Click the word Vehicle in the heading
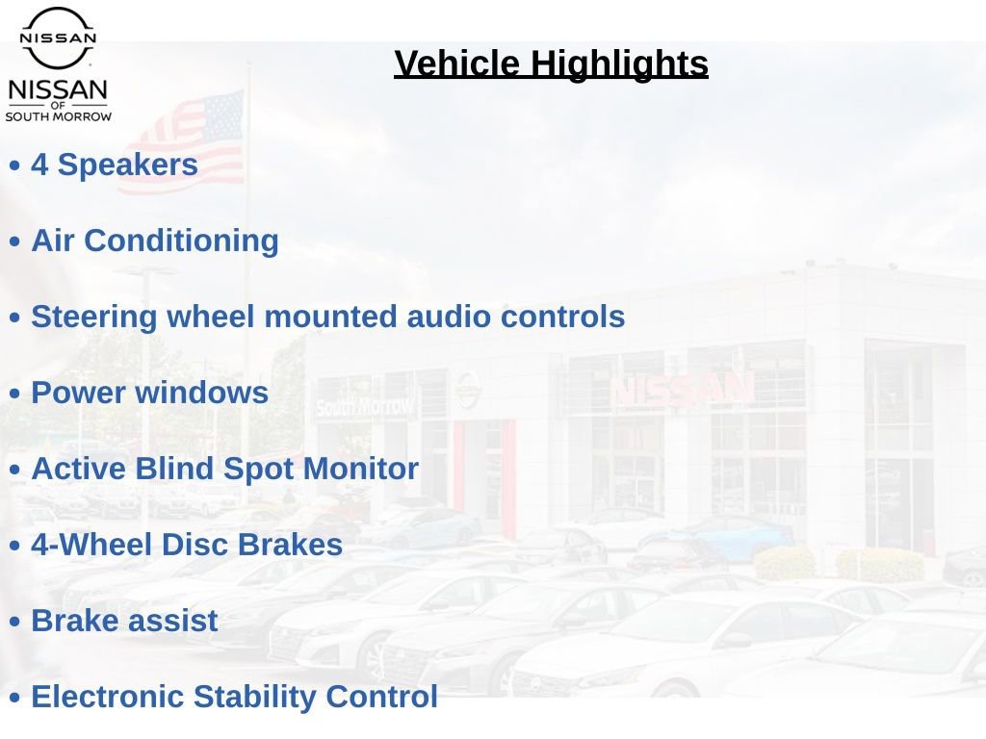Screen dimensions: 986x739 (457, 64)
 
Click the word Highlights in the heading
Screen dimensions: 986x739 (619, 64)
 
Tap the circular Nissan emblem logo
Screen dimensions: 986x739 (58, 38)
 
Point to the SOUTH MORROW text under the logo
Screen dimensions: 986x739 (59, 116)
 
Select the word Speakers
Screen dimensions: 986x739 (128, 166)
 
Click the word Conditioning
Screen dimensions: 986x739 (181, 242)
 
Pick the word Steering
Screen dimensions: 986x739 (94, 318)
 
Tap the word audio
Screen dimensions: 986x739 (449, 316)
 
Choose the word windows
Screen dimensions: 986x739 (202, 393)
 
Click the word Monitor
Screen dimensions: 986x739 (361, 469)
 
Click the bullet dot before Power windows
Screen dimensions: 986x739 (15, 394)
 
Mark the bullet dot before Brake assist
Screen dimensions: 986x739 (15, 623)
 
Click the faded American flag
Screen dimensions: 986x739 (189, 141)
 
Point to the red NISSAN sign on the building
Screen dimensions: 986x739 (683, 390)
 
